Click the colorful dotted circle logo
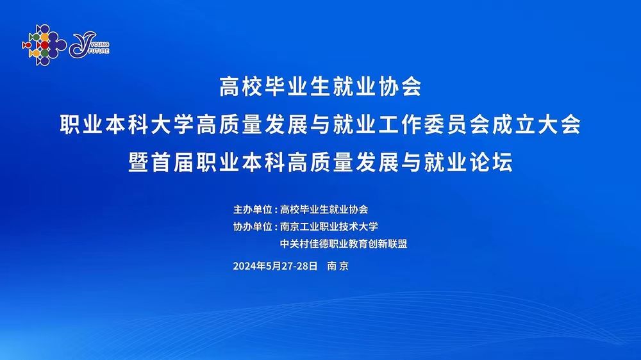[44, 45]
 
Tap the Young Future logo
[89, 45]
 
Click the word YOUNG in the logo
[100, 45]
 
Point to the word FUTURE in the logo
[99, 51]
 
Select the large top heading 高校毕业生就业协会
[320, 86]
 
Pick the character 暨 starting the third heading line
[138, 162]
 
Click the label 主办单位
[253, 209]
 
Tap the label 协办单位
[253, 227]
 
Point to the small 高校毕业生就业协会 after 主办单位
[324, 209]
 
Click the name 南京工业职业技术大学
[329, 227]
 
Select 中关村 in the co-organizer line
[294, 244]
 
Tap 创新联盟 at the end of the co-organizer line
[388, 244]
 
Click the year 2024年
[249, 266]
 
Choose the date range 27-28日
[300, 266]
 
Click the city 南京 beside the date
[338, 266]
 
